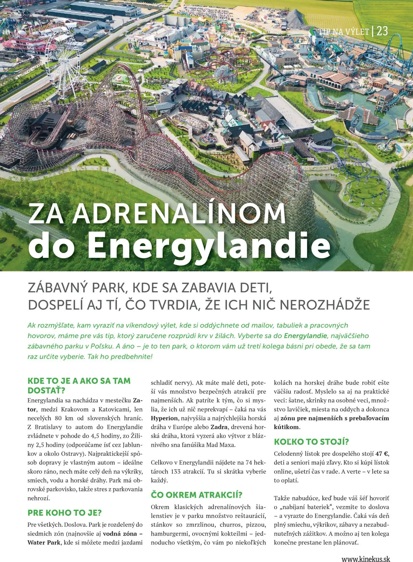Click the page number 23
(382, 31)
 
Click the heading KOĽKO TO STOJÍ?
(311, 442)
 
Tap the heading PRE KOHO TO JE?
(64, 513)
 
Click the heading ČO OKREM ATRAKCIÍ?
(196, 495)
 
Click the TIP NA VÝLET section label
(344, 32)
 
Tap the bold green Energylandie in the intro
(305, 336)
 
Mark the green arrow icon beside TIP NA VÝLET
(312, 31)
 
